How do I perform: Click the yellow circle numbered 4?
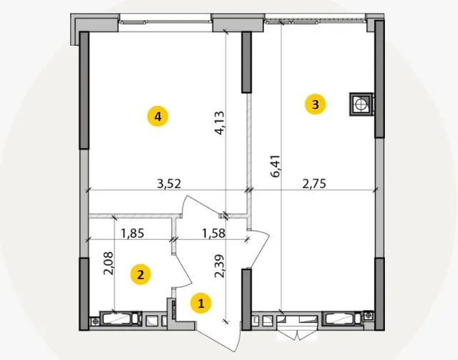click(x=157, y=116)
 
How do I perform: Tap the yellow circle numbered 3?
click(x=315, y=104)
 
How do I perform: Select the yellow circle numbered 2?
click(x=140, y=274)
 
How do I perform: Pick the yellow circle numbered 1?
click(x=200, y=303)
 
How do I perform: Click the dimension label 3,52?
click(x=169, y=184)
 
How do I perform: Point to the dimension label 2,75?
click(x=314, y=184)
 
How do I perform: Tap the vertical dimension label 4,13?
click(x=220, y=122)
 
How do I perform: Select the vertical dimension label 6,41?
click(x=276, y=166)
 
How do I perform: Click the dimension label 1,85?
click(x=132, y=233)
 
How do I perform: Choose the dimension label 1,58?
click(x=214, y=233)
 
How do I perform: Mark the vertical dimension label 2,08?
click(x=108, y=263)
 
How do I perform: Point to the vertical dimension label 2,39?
click(x=220, y=266)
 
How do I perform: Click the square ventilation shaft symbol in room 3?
click(x=361, y=104)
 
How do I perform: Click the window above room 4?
click(x=165, y=22)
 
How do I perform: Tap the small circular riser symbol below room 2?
click(x=94, y=321)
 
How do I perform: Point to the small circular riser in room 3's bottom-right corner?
click(x=369, y=315)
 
